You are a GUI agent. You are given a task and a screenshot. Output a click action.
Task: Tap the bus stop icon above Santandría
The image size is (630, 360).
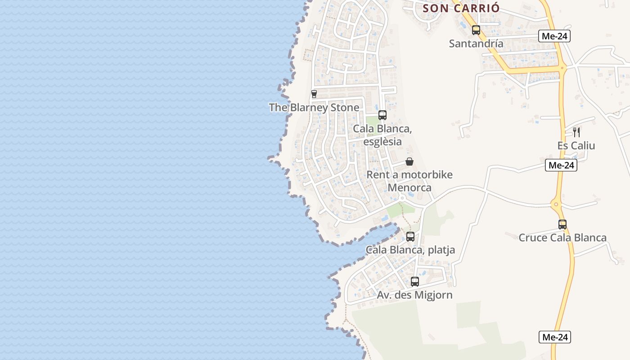tap(476, 30)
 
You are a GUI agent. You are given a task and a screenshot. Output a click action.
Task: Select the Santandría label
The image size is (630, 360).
tap(476, 44)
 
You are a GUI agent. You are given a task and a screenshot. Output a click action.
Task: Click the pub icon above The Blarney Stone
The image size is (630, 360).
tap(314, 94)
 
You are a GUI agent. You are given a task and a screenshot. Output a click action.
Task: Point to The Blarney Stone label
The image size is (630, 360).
tap(314, 108)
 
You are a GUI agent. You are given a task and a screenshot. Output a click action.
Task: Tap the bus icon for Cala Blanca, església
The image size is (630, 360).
tap(382, 115)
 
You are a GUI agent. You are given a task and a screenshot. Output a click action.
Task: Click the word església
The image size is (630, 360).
tap(382, 141)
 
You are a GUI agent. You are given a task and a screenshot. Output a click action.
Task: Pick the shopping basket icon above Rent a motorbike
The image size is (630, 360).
tap(409, 162)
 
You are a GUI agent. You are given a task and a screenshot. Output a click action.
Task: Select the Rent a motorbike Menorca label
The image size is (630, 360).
tap(409, 181)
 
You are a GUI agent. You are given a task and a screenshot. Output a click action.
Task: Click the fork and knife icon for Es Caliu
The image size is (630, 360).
tap(576, 132)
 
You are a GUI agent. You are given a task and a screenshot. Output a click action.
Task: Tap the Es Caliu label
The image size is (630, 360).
tap(576, 146)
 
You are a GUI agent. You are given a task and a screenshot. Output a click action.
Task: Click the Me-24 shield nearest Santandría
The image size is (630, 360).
tap(554, 36)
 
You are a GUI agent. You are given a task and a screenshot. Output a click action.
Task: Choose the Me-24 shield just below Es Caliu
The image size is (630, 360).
tap(561, 165)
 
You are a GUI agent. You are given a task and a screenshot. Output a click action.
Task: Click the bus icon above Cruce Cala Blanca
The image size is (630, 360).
tap(562, 224)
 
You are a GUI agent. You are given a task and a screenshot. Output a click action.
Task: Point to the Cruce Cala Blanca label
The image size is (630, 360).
tap(562, 238)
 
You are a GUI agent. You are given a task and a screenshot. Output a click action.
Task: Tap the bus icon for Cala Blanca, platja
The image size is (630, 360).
tap(410, 237)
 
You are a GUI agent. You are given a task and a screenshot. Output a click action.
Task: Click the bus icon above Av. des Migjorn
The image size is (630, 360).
tap(414, 282)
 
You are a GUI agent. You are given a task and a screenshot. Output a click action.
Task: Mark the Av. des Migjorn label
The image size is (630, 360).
tap(414, 295)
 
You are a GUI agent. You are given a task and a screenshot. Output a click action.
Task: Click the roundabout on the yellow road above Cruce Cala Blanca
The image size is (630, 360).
tap(557, 205)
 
